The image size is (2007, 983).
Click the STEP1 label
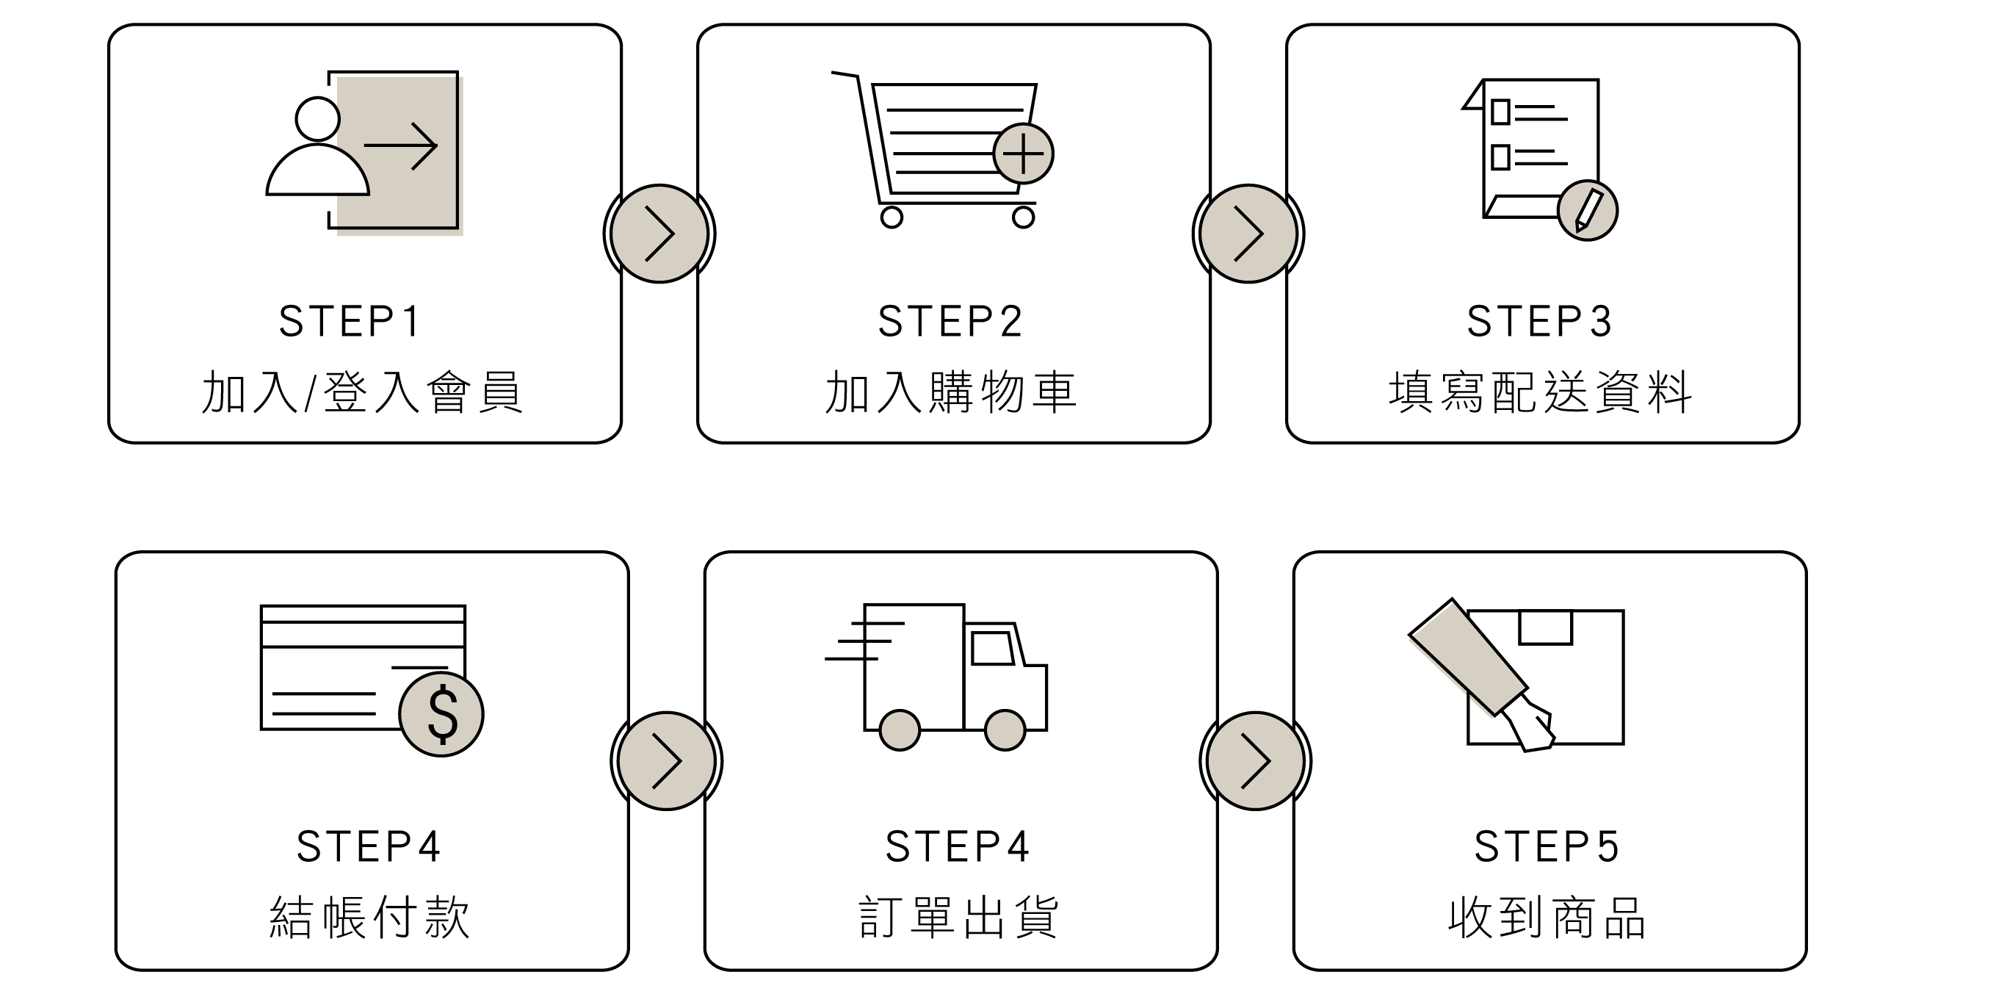pos(350,321)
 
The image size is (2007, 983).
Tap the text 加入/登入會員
pos(362,392)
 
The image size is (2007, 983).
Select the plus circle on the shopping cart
pos(1023,154)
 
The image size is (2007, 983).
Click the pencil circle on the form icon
pos(1587,210)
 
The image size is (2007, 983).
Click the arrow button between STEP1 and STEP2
pos(659,234)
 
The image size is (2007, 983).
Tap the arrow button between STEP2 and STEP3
pos(1248,234)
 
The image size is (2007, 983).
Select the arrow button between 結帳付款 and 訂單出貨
pos(666,761)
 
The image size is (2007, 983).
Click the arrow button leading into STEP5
pos(1255,761)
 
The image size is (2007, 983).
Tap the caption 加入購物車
pos(951,392)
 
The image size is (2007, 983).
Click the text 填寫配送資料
pos(1540,392)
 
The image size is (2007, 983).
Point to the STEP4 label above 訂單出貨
pos(958,846)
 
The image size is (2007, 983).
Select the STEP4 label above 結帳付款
pos(369,846)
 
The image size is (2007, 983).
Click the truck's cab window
pos(992,648)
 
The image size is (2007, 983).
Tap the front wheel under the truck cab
pos(1005,730)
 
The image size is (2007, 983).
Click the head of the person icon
pos(317,119)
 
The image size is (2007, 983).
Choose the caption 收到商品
pos(1547,918)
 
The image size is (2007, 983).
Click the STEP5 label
pos(1547,846)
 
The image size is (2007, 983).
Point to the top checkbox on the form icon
pos(1500,112)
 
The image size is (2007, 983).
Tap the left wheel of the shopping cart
pos(892,217)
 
